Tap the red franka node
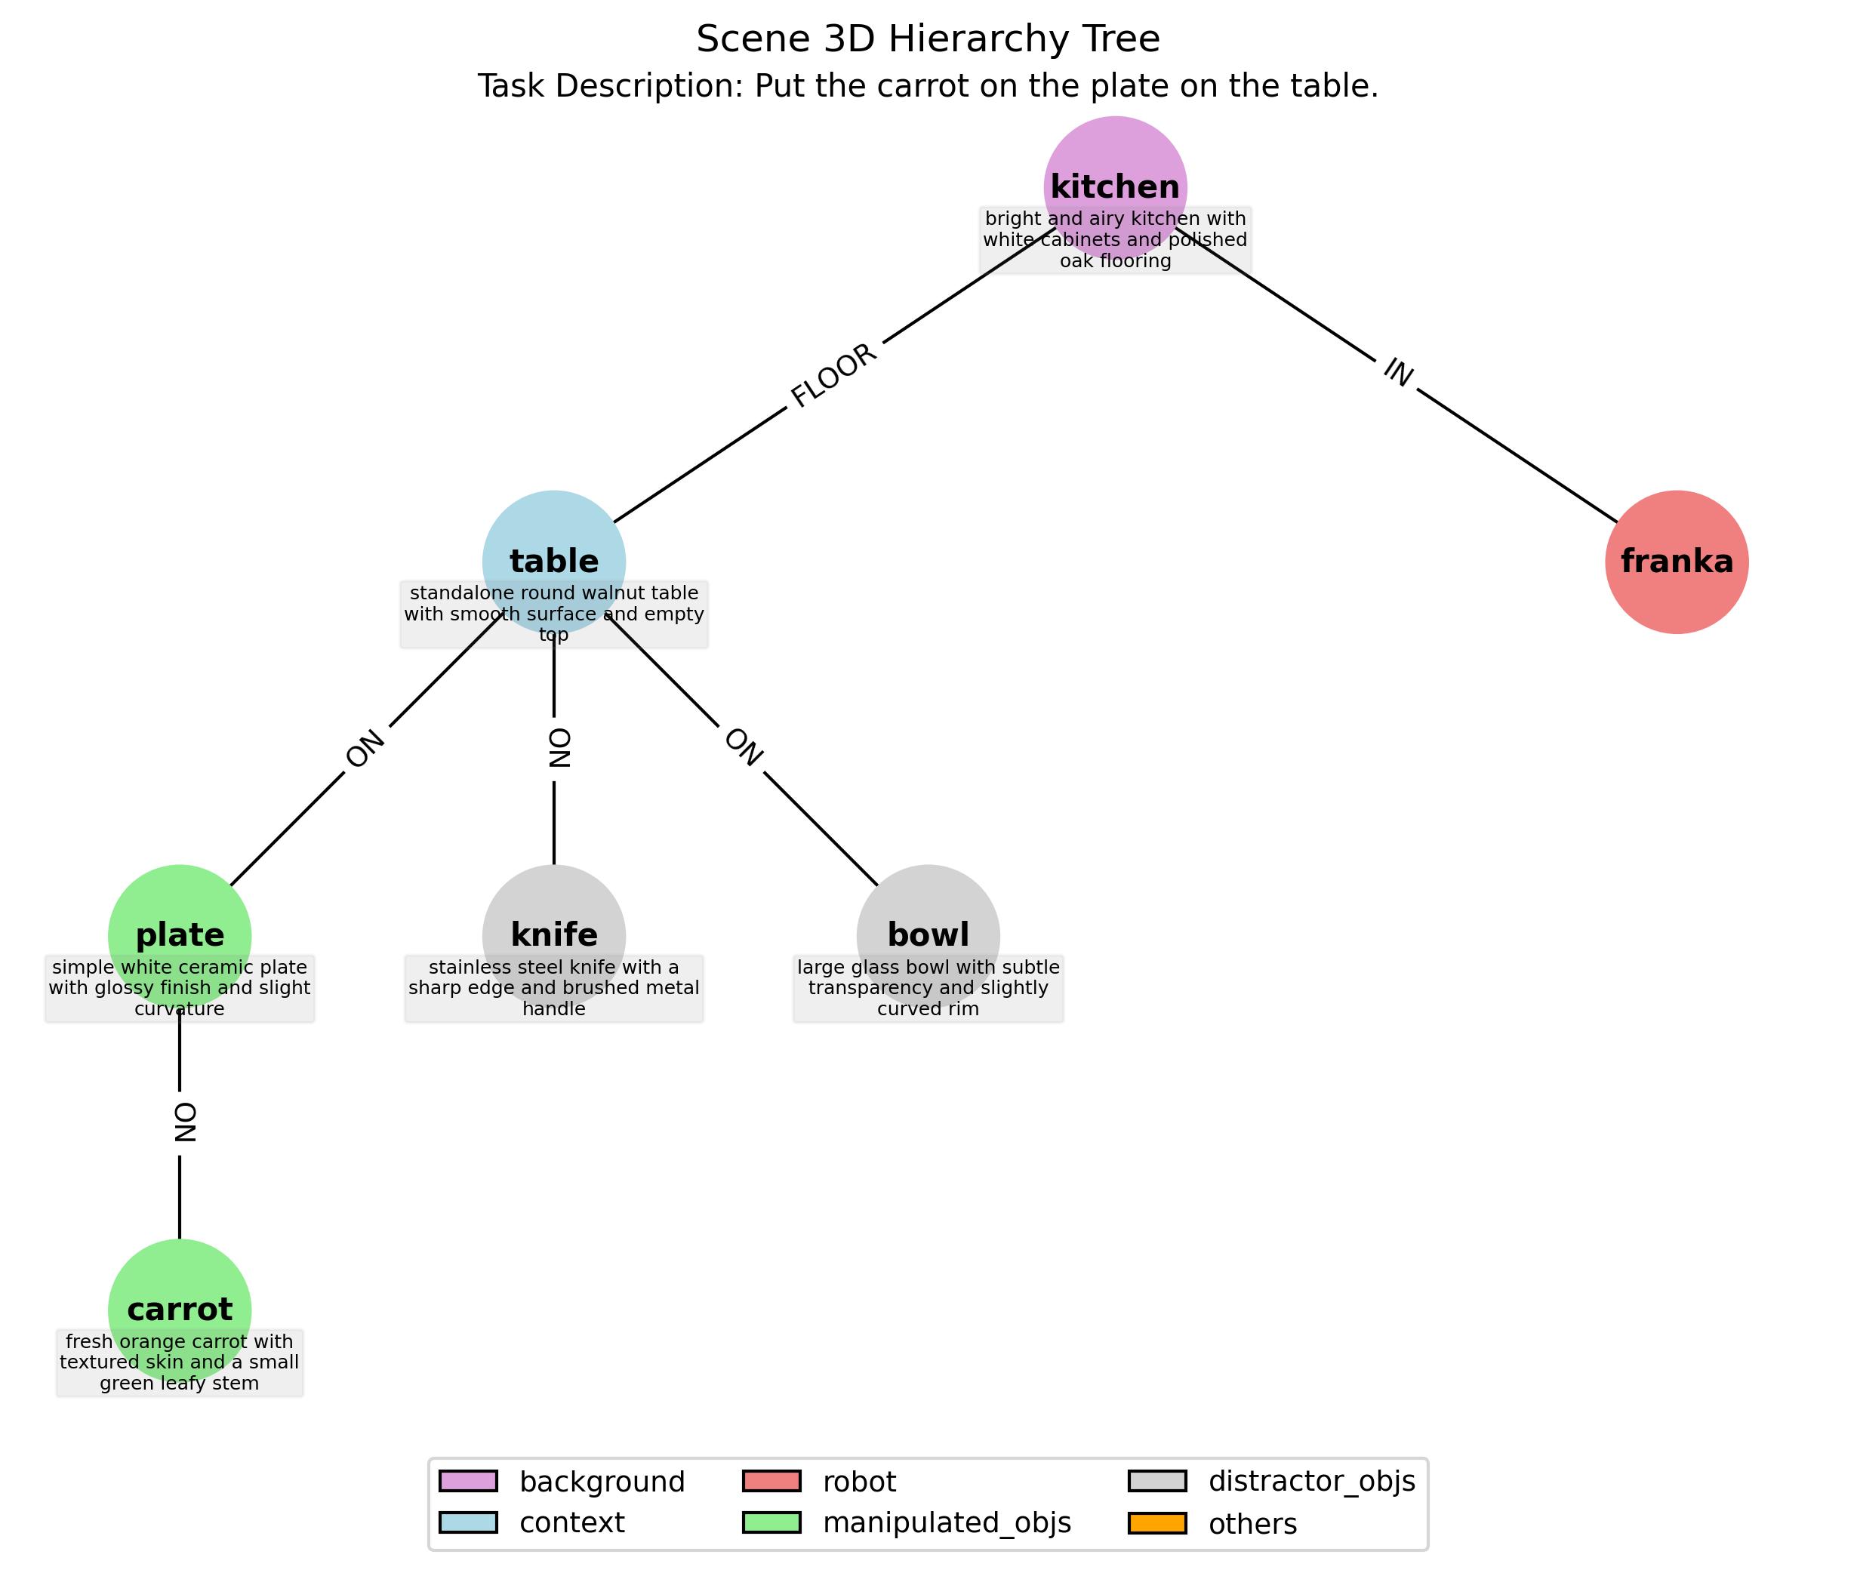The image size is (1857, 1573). tap(1677, 562)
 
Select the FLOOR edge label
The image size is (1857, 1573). tap(834, 375)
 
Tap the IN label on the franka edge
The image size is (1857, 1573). tap(1397, 373)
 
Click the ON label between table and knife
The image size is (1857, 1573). tap(559, 748)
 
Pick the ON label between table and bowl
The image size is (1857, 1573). tap(743, 747)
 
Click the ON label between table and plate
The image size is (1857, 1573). tap(365, 749)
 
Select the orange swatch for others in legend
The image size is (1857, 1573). tap(1156, 1523)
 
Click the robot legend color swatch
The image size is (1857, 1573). tap(771, 1481)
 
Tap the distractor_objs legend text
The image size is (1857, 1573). tap(1311, 1481)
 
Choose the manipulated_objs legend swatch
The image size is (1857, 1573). tap(771, 1523)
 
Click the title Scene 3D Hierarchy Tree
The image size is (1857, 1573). tap(928, 39)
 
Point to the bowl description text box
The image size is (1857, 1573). tap(928, 988)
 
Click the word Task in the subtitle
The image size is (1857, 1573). tap(510, 87)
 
